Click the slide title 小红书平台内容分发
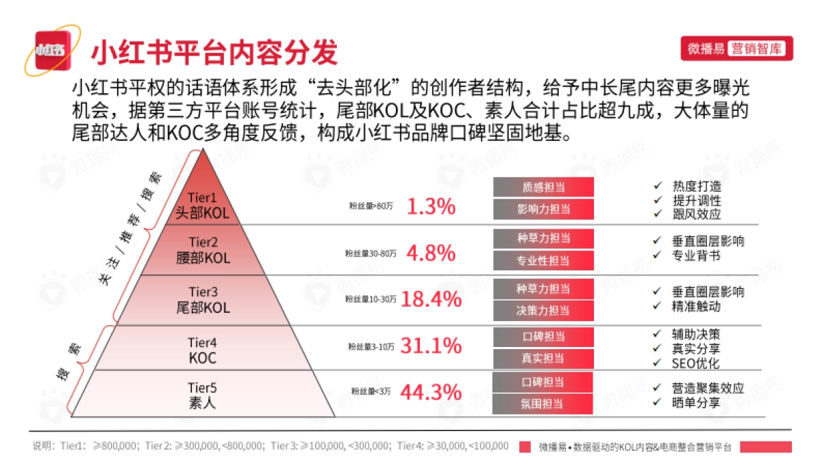(214, 51)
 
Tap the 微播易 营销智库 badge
(737, 49)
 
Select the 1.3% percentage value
(431, 206)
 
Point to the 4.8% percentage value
(431, 253)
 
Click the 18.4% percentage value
(431, 299)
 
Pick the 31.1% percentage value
(431, 346)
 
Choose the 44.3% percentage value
(431, 392)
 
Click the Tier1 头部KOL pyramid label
(202, 206)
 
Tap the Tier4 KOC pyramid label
(202, 350)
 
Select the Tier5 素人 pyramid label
(202, 396)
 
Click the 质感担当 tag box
(543, 187)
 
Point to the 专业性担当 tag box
(543, 261)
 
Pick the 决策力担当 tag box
(543, 311)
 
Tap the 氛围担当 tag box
(543, 404)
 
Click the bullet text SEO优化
(695, 363)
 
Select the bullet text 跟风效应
(697, 214)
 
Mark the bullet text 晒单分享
(697, 402)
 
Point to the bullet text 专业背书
(697, 255)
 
